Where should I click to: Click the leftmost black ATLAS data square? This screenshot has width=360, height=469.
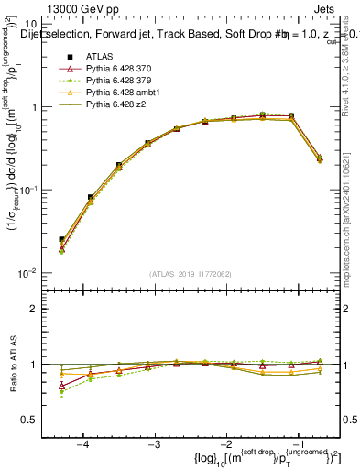[62, 239]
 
